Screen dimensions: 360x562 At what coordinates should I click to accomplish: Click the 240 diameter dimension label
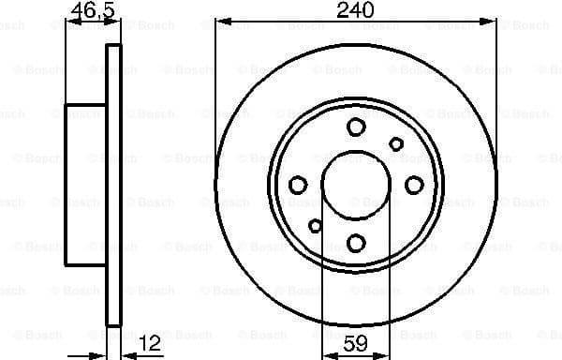tap(356, 10)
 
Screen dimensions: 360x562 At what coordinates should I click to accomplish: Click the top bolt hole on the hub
tap(356, 127)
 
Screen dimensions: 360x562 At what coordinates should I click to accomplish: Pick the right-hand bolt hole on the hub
tap(413, 185)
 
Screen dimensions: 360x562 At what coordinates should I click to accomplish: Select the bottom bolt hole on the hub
tap(356, 243)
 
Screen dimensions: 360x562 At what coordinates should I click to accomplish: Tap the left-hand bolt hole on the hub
tap(298, 185)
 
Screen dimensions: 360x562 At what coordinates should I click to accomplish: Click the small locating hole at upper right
tap(396, 143)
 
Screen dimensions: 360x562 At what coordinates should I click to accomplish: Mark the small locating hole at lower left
tap(316, 225)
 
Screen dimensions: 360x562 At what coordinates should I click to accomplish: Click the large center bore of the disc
tap(356, 185)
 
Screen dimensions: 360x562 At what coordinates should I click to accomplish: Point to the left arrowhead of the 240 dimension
tap(220, 21)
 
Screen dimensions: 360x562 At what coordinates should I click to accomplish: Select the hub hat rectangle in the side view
tap(85, 185)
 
